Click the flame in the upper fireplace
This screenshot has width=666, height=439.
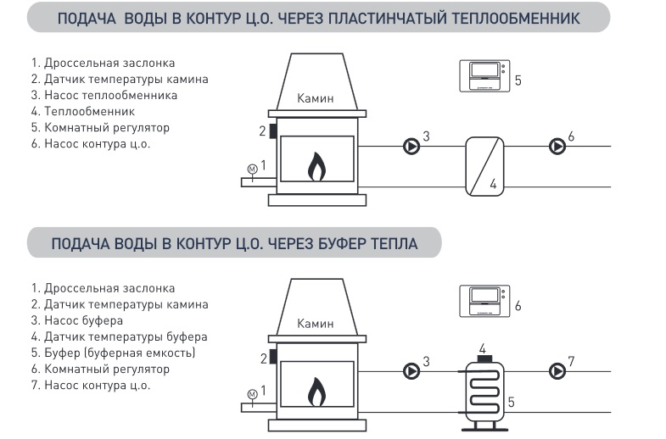(316, 167)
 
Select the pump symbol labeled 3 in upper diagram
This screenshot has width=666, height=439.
(411, 147)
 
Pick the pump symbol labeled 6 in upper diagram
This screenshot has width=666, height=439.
(557, 147)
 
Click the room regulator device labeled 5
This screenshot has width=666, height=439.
(483, 76)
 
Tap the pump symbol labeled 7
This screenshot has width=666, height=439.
(557, 371)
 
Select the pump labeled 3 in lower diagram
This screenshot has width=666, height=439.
(411, 371)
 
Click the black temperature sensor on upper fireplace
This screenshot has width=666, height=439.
(273, 131)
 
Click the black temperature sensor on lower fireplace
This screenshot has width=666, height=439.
(273, 357)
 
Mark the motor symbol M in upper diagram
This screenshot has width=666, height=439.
(252, 169)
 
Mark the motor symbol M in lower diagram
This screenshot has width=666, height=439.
(252, 394)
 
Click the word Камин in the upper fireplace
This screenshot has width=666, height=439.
(316, 98)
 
